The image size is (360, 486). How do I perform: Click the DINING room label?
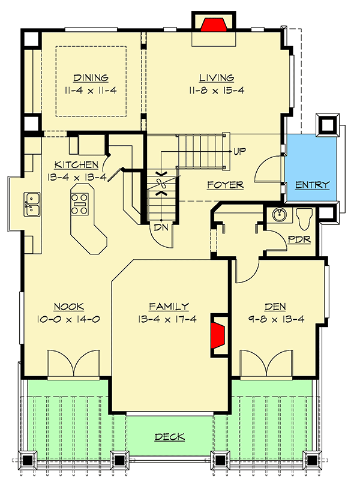click(x=91, y=78)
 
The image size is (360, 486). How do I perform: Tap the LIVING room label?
click(x=216, y=78)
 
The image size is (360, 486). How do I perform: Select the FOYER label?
click(x=226, y=185)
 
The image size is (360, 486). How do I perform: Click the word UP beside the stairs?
click(x=239, y=150)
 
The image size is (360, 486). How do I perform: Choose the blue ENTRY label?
click(x=312, y=185)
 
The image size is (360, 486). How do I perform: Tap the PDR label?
click(x=298, y=239)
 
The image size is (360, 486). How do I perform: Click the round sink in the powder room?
click(x=278, y=215)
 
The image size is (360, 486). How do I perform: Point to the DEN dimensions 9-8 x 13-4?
click(x=277, y=319)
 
